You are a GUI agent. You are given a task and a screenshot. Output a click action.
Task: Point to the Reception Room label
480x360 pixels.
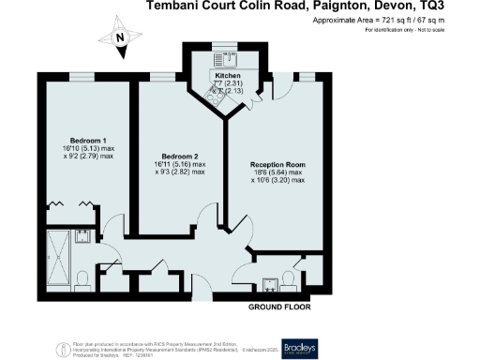tap(277, 163)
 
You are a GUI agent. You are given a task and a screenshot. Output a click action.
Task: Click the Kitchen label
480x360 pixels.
tap(228, 75)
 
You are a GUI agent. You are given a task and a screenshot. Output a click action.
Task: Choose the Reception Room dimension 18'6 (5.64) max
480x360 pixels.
tap(277, 172)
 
